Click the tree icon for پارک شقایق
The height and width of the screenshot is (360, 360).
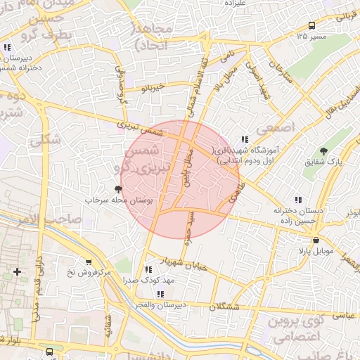[323, 150]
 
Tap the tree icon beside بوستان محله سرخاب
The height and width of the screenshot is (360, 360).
[117, 188]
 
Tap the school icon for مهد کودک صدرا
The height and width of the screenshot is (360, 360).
[146, 269]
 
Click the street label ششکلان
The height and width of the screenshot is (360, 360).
[225, 307]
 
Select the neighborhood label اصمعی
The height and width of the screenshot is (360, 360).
[271, 131]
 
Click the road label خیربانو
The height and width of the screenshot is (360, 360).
[152, 88]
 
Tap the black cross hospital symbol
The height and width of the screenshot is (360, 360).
[17, 271]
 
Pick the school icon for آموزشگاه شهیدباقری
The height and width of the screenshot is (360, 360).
[245, 139]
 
